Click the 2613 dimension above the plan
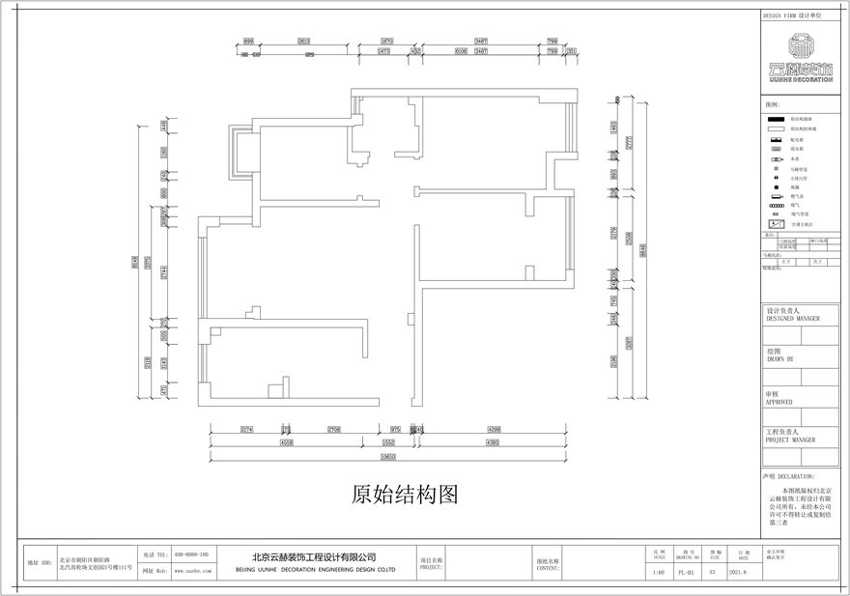(x=303, y=42)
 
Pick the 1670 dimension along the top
(x=386, y=42)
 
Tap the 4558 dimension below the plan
(x=287, y=441)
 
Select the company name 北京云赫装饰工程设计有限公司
(x=314, y=556)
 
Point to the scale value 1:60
(x=659, y=571)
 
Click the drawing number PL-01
(x=686, y=571)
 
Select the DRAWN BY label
(x=779, y=358)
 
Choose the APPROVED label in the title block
(x=779, y=400)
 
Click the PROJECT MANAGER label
(x=790, y=439)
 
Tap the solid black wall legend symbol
(x=775, y=117)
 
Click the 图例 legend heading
(x=772, y=103)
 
